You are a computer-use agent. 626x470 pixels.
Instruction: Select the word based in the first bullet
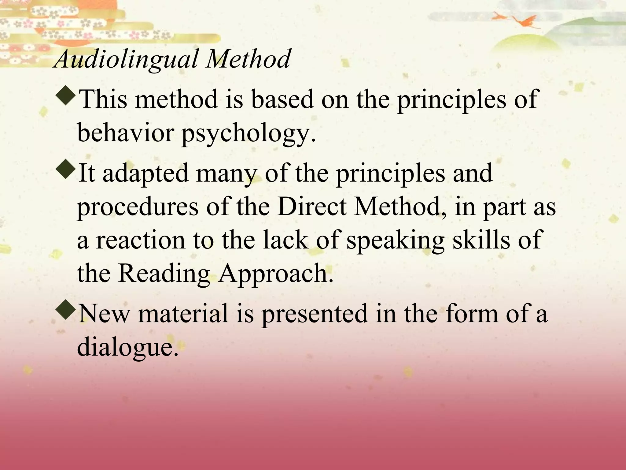pos(282,99)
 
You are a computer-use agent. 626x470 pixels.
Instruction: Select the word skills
pos(481,239)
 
